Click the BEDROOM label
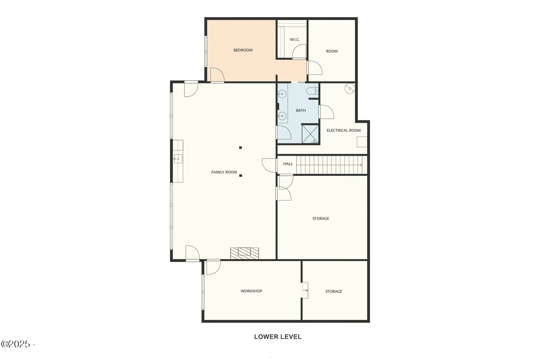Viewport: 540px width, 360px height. point(243,50)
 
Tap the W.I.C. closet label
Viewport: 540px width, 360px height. point(295,40)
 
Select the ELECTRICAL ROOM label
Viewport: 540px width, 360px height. point(344,130)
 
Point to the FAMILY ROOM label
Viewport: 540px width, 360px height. point(224,172)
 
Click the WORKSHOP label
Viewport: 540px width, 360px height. point(251,291)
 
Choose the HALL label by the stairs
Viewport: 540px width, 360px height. point(288,164)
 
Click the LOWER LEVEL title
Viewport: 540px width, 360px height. point(278,337)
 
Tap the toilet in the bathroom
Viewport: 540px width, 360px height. point(312,91)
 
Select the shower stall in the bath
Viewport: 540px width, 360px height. point(310,134)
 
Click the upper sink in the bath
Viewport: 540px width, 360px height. point(282,94)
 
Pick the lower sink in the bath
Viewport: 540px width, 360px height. point(282,116)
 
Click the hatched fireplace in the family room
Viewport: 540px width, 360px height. point(245,253)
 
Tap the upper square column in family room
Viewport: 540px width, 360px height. point(241,148)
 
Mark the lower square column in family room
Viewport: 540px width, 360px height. point(241,176)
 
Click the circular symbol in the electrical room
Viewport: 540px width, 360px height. point(350,88)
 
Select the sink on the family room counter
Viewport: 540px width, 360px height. point(178,158)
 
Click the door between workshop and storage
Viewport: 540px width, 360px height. point(305,290)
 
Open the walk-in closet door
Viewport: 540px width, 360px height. point(299,52)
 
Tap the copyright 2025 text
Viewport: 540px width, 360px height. point(16,344)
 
